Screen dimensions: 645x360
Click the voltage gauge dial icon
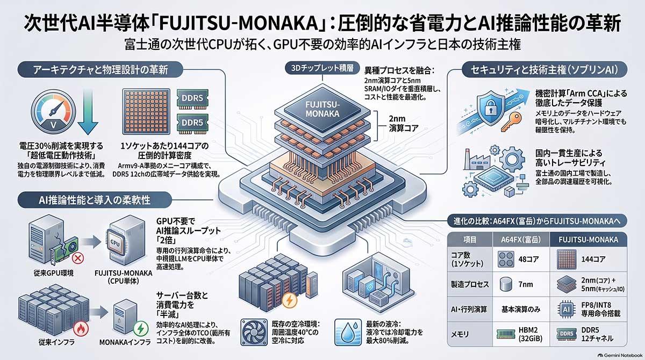coord(53,111)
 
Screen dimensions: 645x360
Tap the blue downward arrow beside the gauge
coord(88,112)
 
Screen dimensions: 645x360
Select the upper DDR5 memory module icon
coord(192,98)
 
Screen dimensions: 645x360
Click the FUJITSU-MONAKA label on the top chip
coord(322,109)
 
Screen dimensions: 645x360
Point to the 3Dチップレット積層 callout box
coord(322,68)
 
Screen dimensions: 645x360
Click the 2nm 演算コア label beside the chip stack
coord(404,124)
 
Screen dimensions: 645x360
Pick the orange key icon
coord(511,121)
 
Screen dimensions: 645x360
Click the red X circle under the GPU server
coord(77,258)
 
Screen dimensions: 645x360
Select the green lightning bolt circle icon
coord(141,328)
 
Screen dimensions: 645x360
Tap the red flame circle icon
coord(81,329)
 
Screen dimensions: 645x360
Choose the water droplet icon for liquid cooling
coord(348,332)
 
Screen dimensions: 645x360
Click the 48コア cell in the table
coord(521,260)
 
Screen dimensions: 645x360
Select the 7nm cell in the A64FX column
coord(521,284)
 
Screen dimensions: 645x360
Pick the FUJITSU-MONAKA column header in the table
coord(588,240)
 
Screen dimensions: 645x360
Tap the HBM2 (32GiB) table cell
coord(521,334)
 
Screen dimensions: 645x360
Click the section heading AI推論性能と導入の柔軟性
coord(95,200)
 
